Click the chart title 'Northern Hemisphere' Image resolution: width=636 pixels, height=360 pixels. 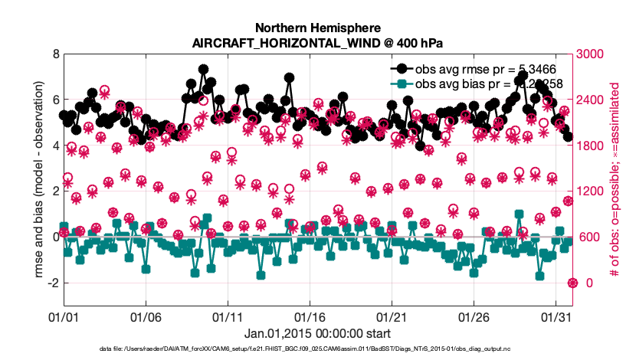pos(317,27)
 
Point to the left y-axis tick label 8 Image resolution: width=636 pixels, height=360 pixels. pos(54,54)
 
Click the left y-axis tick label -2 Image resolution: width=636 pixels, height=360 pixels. pos(52,283)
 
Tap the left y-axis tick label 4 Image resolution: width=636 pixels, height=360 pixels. pos(54,146)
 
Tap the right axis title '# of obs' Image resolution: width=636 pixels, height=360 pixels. pos(615,179)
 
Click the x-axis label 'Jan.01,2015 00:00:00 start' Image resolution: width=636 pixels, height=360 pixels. pos(317,333)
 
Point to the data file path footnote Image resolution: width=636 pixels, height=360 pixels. pos(317,350)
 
